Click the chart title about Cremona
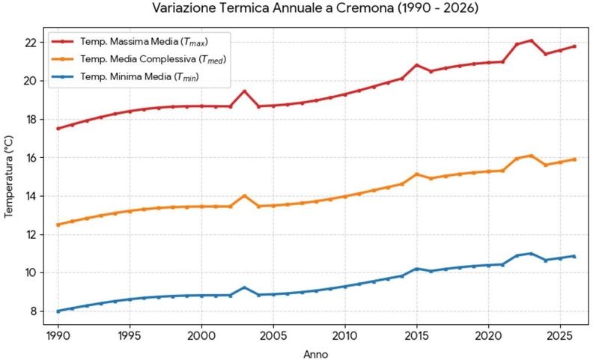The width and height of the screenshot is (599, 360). [315, 7]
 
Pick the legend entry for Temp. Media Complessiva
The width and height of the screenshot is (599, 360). [139, 59]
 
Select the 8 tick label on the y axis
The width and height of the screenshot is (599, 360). [34, 311]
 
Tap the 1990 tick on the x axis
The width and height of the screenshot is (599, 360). [58, 336]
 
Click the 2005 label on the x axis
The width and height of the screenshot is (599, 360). [273, 336]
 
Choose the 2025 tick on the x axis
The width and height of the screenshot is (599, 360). [560, 336]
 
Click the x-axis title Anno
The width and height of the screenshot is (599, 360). [315, 355]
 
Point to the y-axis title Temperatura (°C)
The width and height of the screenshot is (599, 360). [8, 177]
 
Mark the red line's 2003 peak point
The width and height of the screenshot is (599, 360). [245, 91]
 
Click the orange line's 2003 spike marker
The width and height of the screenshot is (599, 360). [245, 195]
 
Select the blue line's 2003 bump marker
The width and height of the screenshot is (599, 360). [245, 287]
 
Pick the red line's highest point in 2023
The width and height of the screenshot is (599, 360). [532, 40]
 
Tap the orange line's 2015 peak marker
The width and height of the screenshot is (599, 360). [417, 174]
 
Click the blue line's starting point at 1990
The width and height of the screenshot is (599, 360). [58, 311]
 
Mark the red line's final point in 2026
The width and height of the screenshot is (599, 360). [574, 46]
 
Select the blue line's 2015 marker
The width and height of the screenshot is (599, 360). [417, 269]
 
